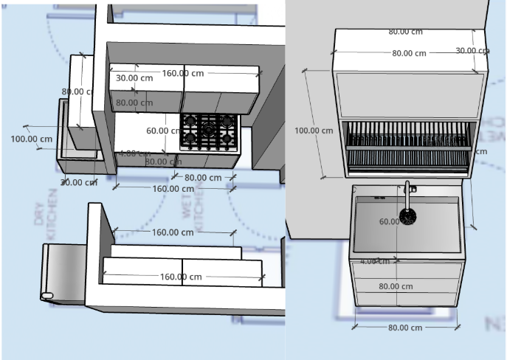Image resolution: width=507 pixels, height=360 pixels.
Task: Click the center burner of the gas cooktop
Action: [209, 129]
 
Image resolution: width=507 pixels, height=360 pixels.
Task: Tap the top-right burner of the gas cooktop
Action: [227, 120]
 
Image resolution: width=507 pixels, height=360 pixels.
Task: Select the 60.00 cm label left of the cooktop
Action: [163, 131]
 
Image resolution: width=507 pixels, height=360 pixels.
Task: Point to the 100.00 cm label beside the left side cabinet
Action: [32, 139]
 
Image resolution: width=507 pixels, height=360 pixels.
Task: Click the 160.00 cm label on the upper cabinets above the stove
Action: [183, 73]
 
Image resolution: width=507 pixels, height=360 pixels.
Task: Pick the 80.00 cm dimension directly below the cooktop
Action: [203, 177]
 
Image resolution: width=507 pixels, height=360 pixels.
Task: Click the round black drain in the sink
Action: [407, 216]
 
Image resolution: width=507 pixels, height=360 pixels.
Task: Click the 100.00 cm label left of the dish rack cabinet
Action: [314, 131]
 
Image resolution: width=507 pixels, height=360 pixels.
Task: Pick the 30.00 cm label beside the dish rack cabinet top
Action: [472, 51]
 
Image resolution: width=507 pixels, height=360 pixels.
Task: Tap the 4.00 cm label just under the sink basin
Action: [374, 261]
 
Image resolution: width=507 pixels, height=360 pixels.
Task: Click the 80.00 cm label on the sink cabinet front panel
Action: [396, 286]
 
